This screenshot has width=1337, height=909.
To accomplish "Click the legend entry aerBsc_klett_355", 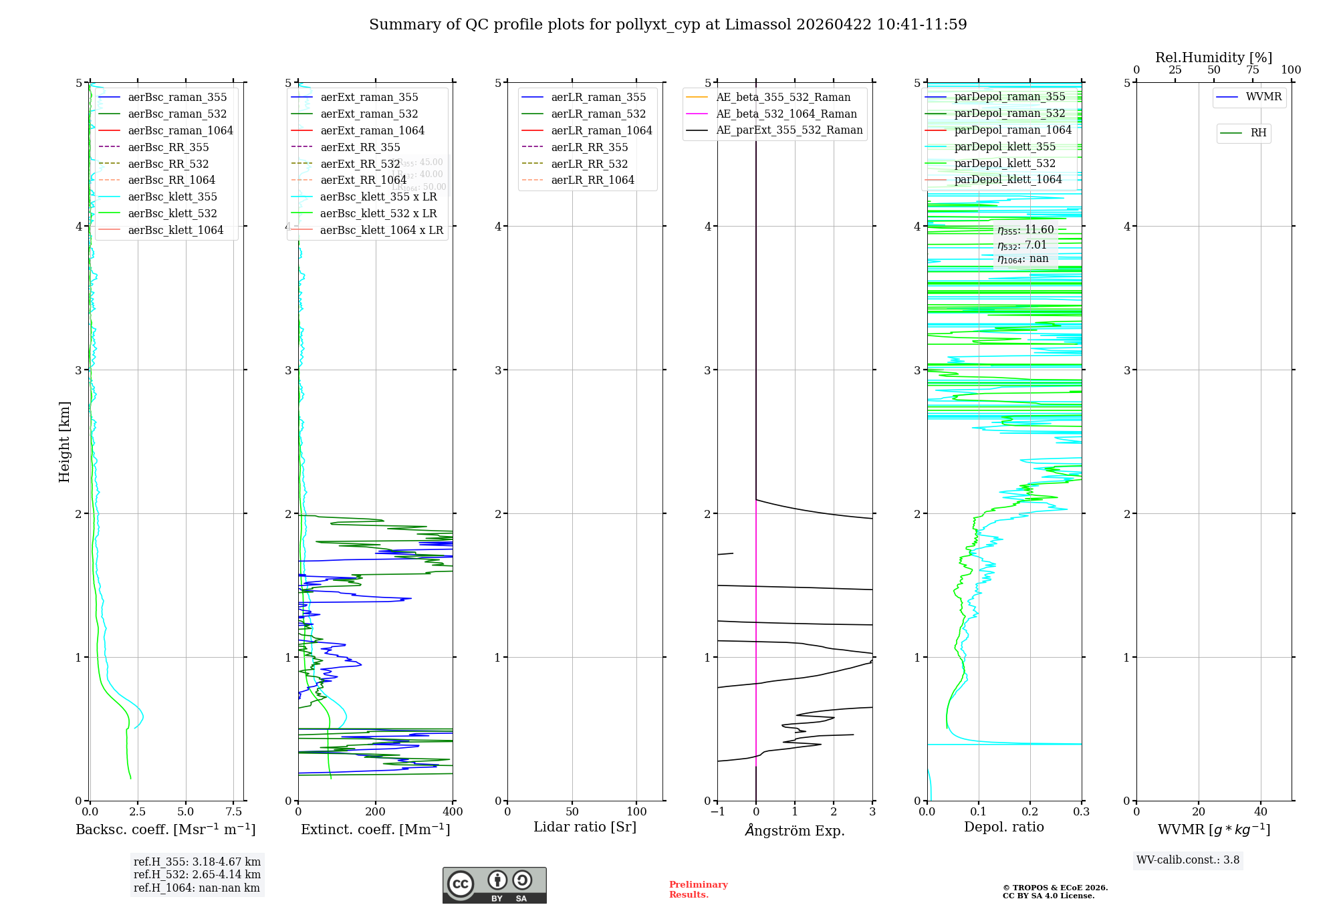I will point(172,197).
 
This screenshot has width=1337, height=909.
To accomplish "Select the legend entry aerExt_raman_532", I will point(369,114).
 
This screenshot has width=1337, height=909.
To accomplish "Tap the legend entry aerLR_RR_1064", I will point(592,180).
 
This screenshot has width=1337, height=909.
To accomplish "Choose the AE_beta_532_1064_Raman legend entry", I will point(786,114).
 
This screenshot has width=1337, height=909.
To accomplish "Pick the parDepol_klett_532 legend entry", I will point(1004,163).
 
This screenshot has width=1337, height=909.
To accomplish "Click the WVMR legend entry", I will point(1263,97).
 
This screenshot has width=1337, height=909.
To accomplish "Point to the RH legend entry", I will point(1258,133).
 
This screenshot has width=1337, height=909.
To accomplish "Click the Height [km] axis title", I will point(64,441).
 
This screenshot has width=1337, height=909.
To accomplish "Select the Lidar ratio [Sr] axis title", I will point(585,827).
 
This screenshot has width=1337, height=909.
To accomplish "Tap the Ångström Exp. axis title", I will point(795,830).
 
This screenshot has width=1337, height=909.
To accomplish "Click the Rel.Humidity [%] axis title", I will point(1213,57).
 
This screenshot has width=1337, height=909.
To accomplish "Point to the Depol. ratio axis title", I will point(1003,827).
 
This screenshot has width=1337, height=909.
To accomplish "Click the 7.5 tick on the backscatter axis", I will point(233,811).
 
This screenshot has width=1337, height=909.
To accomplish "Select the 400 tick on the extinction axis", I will point(453,811).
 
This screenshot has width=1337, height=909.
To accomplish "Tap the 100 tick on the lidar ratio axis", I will point(636,811).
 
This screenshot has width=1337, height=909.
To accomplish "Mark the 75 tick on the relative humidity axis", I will point(1252,70).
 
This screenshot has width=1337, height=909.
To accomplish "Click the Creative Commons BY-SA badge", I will point(494,885).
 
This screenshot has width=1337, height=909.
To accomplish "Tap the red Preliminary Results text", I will point(698,889).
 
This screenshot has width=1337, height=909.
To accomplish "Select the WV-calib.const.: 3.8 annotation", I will point(1188,860).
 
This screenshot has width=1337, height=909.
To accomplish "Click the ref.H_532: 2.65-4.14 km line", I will point(197,874).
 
